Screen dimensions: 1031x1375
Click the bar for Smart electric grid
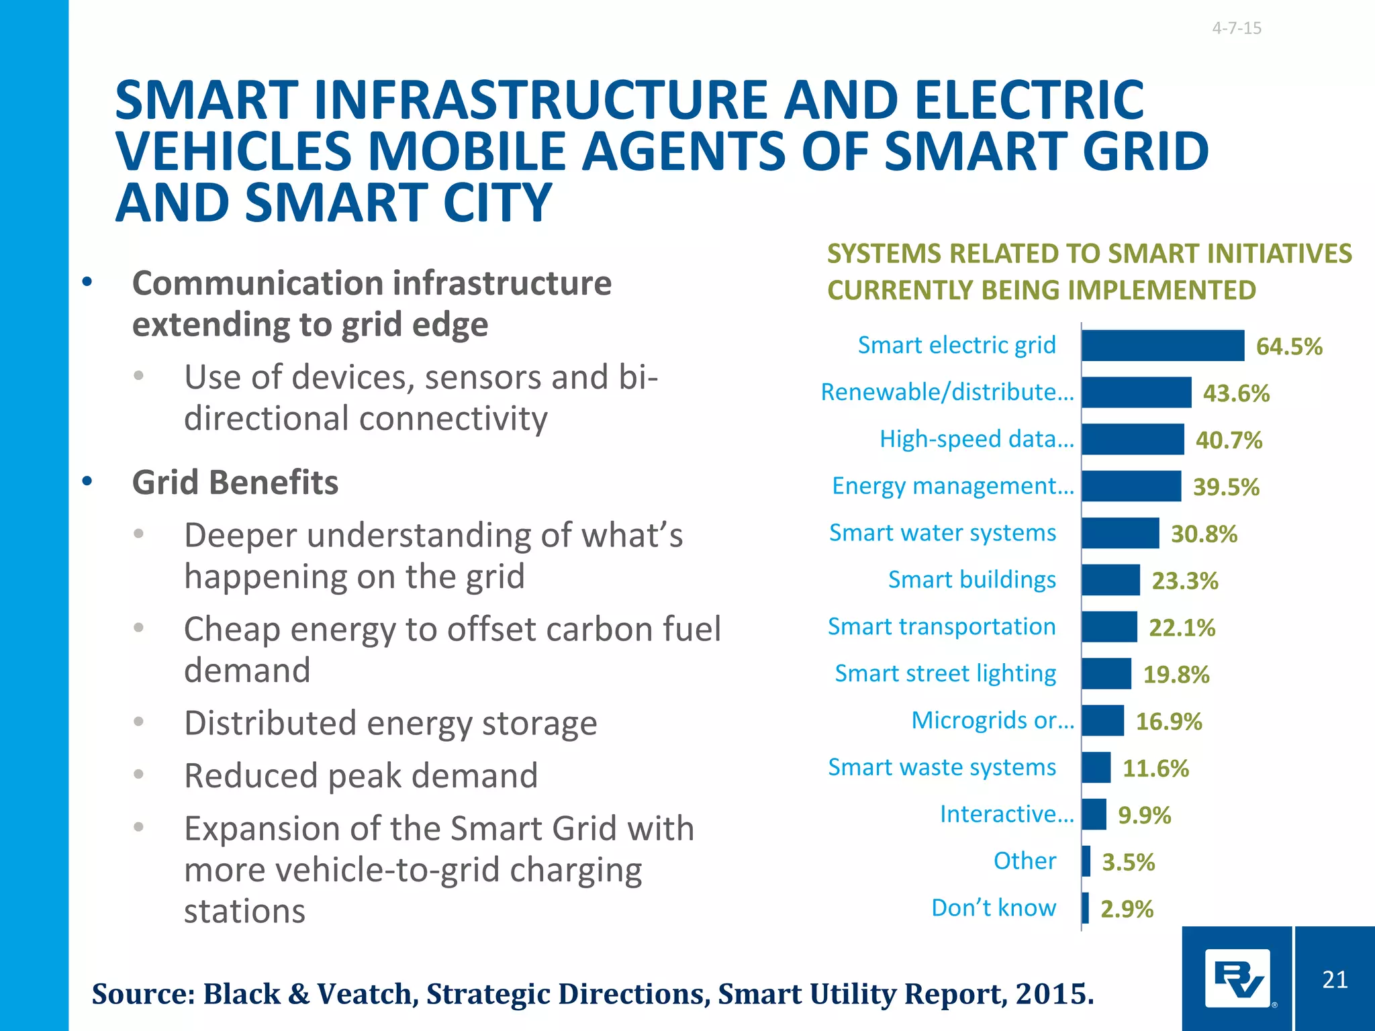[x=1162, y=346]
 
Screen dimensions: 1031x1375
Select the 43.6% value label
[x=1236, y=393]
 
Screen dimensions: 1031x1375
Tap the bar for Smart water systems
[x=1120, y=533]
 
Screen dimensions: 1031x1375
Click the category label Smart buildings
[x=971, y=580]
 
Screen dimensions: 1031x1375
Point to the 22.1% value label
[x=1182, y=628]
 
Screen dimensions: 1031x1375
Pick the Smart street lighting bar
[x=1106, y=674]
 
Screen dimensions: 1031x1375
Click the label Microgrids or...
[x=992, y=721]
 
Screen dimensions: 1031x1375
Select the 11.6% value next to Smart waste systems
[x=1155, y=769]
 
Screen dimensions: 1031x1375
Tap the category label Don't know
[x=994, y=908]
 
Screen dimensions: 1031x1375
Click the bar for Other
[x=1086, y=861]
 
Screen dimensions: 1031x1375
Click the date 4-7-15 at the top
[x=1237, y=28]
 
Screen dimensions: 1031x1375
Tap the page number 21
[x=1335, y=980]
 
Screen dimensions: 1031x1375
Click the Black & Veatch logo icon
[x=1237, y=979]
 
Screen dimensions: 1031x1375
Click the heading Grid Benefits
[x=235, y=483]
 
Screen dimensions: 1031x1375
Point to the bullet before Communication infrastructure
[x=87, y=283]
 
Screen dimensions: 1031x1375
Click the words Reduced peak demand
[x=361, y=776]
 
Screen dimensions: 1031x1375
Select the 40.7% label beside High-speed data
[x=1229, y=440]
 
